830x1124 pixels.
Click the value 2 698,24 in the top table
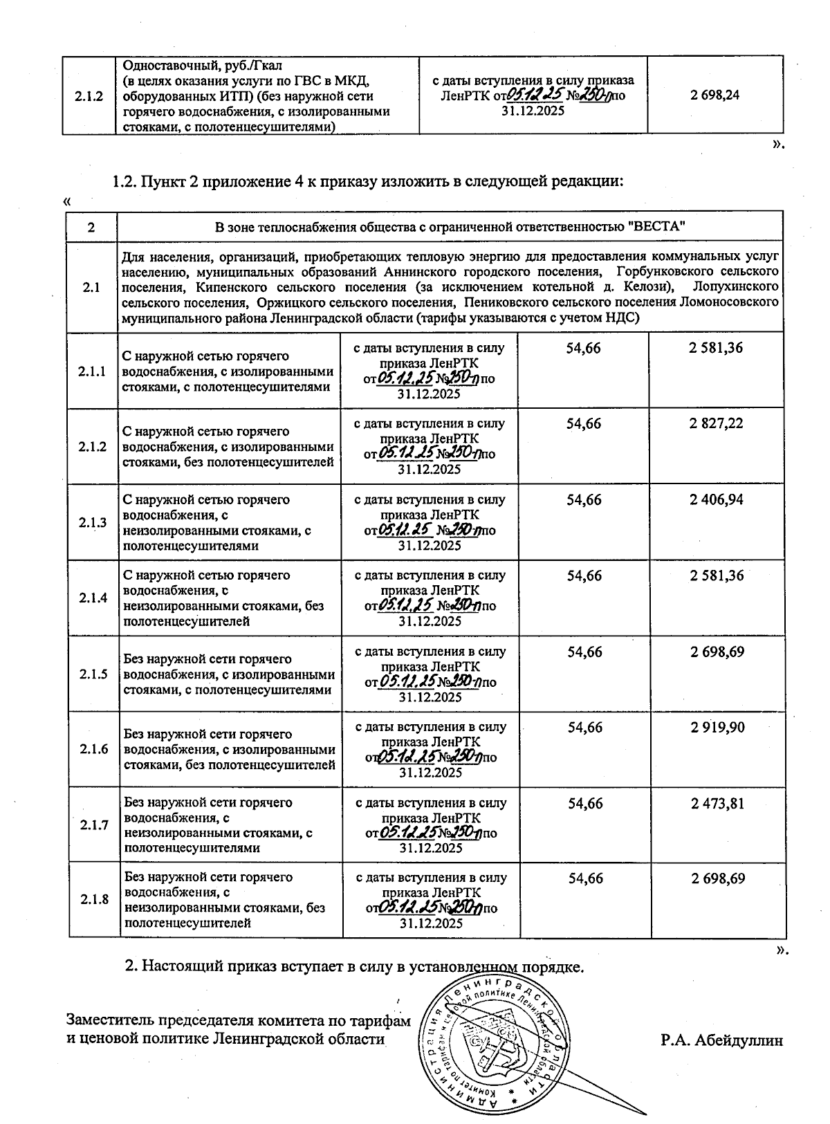[x=714, y=95]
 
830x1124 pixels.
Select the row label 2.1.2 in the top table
[x=90, y=96]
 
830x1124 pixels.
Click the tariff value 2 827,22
[x=716, y=423]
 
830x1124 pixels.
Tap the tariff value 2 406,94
[x=716, y=499]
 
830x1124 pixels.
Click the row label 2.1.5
[x=93, y=674]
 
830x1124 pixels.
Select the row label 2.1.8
[x=94, y=899]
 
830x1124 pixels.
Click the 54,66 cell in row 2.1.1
[x=583, y=348]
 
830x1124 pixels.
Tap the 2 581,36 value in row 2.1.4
[x=717, y=575]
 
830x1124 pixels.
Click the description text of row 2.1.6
[x=229, y=749]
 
